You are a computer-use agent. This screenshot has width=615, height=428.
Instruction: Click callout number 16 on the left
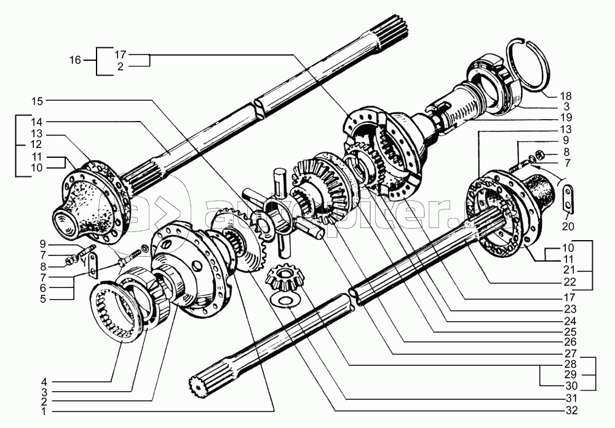(75, 60)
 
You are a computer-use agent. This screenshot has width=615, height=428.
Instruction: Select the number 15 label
(38, 101)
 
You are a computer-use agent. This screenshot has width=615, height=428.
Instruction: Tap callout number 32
(572, 410)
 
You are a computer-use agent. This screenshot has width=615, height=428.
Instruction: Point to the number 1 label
(44, 411)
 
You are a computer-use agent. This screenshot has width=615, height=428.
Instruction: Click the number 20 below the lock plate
(568, 226)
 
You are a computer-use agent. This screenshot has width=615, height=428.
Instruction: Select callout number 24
(572, 321)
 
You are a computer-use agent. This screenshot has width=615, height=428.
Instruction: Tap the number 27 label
(572, 353)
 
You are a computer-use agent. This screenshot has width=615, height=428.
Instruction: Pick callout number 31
(572, 399)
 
